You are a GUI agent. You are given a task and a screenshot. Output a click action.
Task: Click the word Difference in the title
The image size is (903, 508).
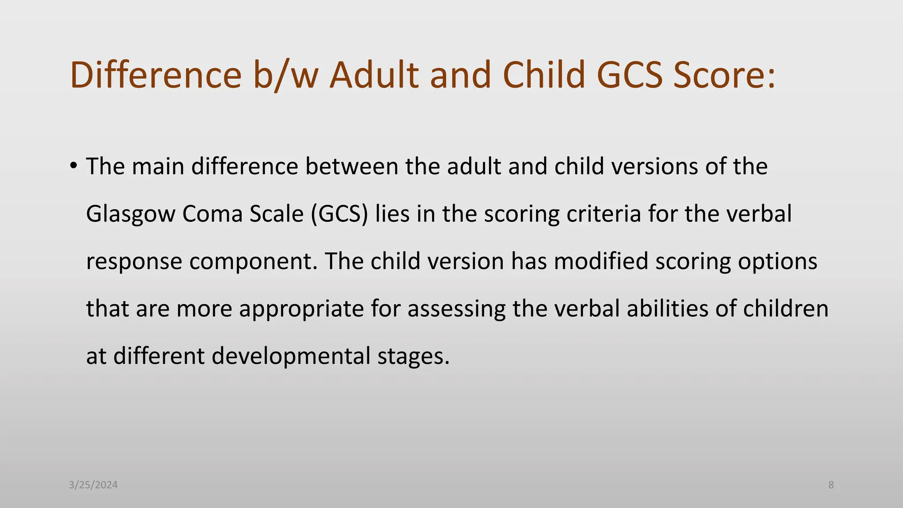(156, 75)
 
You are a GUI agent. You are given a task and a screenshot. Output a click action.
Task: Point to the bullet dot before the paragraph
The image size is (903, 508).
(73, 166)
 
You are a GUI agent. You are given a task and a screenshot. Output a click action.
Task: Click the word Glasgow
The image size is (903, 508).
(131, 214)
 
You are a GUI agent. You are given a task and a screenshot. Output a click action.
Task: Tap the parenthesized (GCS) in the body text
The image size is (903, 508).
(339, 214)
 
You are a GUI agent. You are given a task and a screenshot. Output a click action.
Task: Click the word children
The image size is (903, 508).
(786, 308)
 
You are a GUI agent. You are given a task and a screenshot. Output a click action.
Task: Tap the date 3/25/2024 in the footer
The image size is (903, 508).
(93, 485)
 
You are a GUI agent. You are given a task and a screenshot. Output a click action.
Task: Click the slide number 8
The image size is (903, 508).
(831, 485)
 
